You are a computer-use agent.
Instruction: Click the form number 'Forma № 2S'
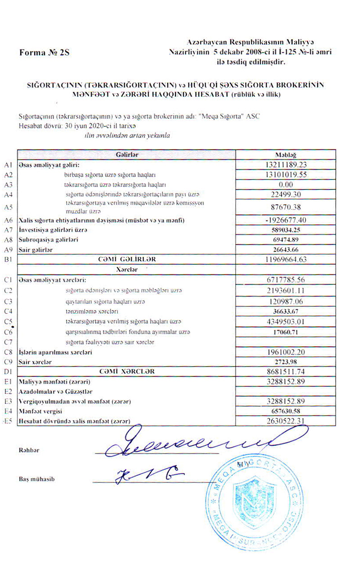(45, 53)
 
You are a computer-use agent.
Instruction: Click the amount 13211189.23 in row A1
(286, 165)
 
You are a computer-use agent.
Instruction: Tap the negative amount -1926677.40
(286, 220)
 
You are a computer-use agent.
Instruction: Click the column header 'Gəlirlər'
(126, 154)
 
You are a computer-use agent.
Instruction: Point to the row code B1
(7, 260)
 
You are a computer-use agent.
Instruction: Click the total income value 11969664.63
(286, 260)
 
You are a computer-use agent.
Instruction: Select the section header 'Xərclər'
(126, 269)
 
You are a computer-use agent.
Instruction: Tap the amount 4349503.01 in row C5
(286, 322)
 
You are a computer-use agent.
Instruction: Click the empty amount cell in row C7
(286, 342)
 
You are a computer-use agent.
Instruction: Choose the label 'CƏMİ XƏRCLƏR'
(126, 372)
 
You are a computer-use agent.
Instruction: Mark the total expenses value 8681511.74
(286, 372)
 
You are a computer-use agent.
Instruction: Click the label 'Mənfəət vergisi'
(40, 411)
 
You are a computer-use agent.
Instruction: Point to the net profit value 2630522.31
(286, 421)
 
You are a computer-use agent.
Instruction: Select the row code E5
(7, 421)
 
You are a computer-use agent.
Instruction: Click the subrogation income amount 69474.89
(286, 240)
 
